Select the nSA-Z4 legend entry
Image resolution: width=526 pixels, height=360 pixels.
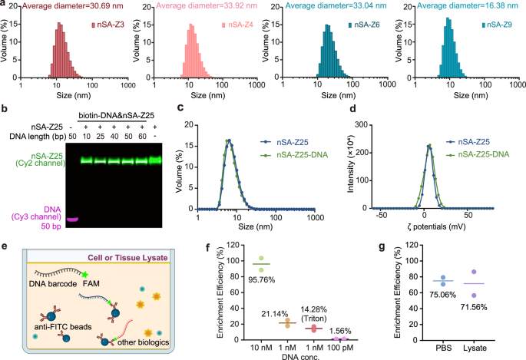[238, 25]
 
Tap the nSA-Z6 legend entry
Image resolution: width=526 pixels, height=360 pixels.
[366, 25]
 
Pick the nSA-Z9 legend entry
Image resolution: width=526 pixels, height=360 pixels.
[495, 25]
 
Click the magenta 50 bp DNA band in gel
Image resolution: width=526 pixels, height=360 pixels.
[74, 220]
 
